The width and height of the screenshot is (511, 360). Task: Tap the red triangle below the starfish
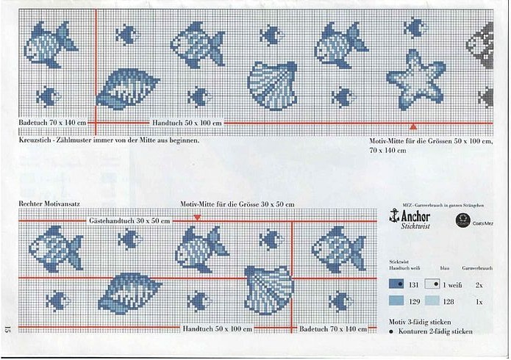click(x=412, y=127)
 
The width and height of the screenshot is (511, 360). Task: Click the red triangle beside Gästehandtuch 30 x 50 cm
click(x=197, y=217)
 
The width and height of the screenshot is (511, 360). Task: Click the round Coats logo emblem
click(x=463, y=219)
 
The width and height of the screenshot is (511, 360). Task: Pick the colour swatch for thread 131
click(x=396, y=284)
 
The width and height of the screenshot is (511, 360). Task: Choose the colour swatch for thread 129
click(x=396, y=301)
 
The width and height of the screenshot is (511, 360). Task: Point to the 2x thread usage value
click(x=479, y=284)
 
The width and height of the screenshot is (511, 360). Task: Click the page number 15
click(x=7, y=330)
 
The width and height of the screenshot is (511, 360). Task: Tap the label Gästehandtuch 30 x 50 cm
click(x=129, y=220)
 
